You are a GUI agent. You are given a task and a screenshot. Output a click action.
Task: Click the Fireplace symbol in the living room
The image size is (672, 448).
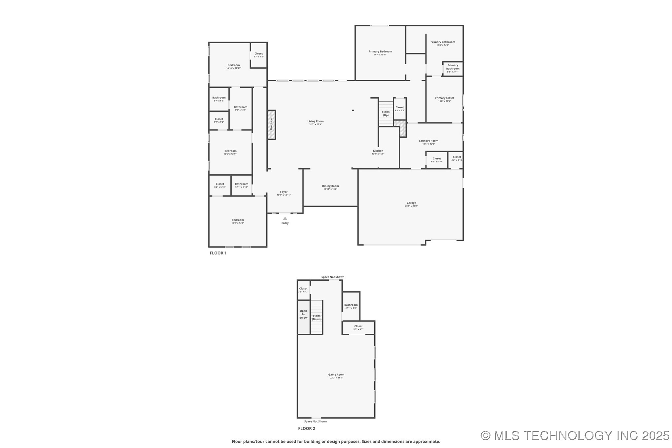tap(271, 124)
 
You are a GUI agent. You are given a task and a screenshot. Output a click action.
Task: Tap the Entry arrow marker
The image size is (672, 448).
tap(285, 219)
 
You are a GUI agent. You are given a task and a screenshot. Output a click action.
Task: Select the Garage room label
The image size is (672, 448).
tap(411, 203)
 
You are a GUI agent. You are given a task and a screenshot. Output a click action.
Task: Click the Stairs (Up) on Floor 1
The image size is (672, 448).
tap(386, 114)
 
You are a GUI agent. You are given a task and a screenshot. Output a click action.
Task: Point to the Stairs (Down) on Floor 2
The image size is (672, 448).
tap(317, 317)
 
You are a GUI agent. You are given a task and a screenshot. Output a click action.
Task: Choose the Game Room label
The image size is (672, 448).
tap(336, 375)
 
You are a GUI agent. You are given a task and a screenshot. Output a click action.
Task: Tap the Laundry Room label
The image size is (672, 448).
tap(428, 141)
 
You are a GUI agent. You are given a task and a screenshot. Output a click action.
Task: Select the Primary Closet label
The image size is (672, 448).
tap(444, 98)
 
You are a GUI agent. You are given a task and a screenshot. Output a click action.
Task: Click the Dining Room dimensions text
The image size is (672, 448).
tap(330, 189)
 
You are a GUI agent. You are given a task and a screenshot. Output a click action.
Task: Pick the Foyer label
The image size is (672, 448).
tap(284, 192)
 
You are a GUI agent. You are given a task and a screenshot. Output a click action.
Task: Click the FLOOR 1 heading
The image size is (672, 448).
tap(218, 253)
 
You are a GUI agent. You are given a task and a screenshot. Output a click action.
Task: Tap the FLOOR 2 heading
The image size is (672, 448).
tap(306, 429)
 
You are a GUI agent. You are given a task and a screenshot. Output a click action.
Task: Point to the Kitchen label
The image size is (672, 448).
tap(378, 151)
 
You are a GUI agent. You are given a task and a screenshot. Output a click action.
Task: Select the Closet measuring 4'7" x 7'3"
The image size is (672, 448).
tap(258, 55)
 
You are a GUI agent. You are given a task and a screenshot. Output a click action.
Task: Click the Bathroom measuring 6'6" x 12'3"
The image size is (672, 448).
tap(240, 108)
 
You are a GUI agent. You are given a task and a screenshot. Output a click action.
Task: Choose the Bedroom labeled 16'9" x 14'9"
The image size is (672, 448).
tap(238, 221)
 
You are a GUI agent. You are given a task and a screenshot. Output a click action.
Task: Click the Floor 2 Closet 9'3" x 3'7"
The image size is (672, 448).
tap(358, 327)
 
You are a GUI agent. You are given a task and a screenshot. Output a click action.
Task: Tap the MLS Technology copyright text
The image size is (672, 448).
tap(575, 435)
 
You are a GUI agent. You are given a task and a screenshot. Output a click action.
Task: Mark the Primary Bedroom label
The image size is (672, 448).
tap(380, 52)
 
